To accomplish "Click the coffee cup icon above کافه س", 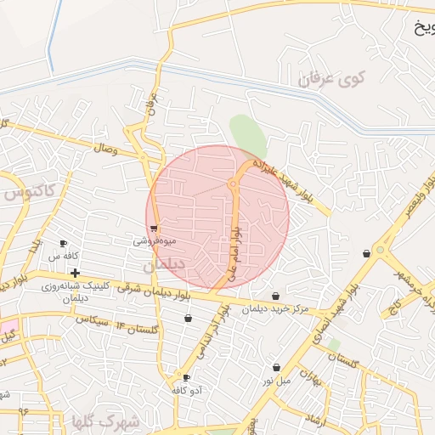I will pos(63,244).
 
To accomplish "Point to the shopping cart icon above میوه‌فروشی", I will pos(153,228).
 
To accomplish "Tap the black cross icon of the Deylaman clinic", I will pos(76,274).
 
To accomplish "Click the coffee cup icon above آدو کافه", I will pos(185,377).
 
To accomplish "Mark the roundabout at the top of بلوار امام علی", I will pos(232,184).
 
